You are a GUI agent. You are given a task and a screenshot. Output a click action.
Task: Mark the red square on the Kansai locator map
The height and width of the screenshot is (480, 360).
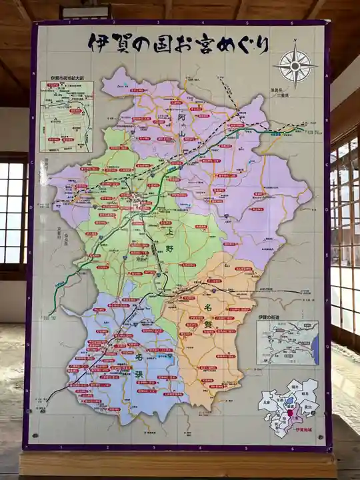tap(291, 413)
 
